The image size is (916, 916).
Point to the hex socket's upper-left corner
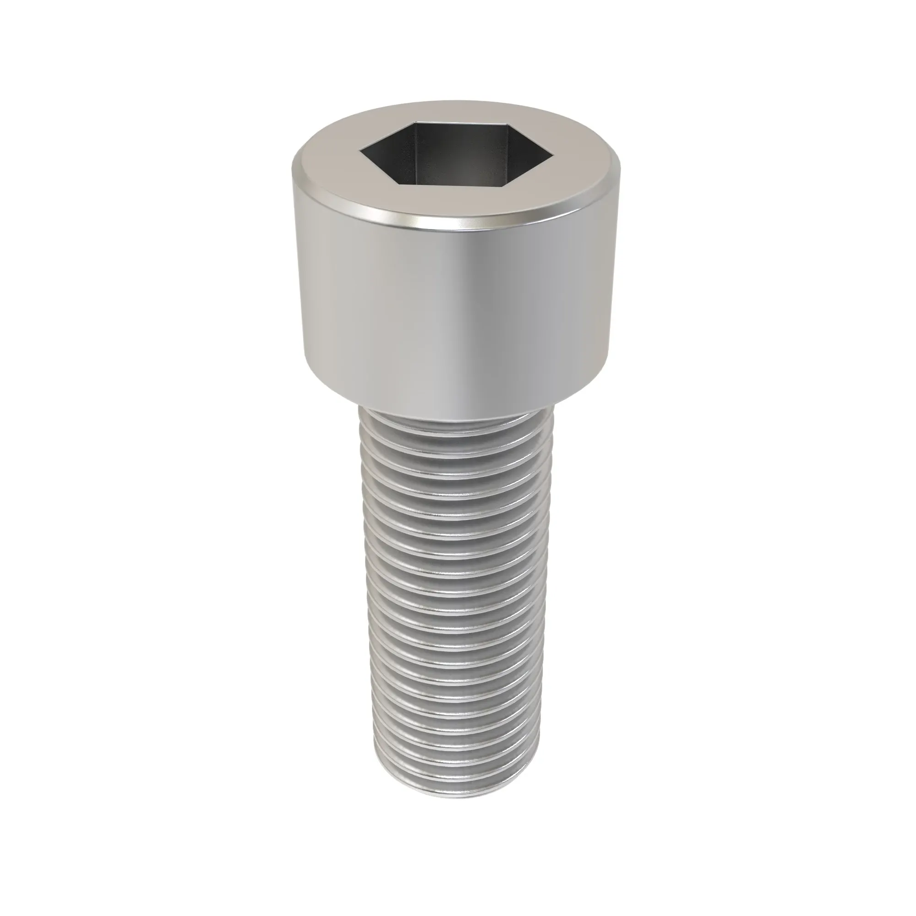[x=414, y=124]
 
